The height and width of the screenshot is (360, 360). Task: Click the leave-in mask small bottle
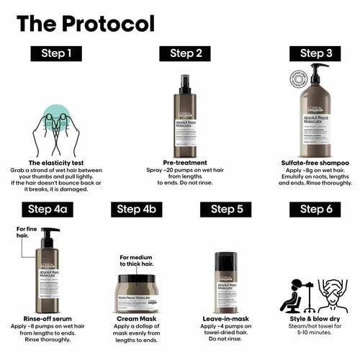coord(227,281)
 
